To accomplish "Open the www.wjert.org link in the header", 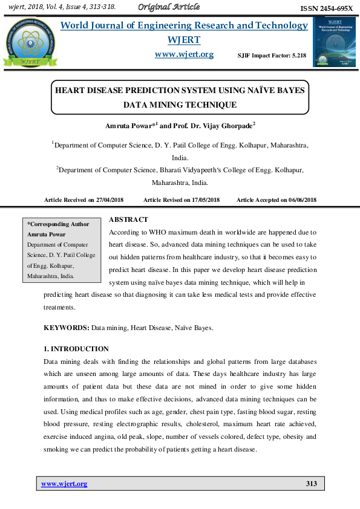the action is (x=185, y=54).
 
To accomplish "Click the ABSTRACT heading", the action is (x=128, y=219).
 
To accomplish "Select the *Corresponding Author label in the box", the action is (x=58, y=224).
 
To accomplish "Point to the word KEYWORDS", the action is (x=67, y=328).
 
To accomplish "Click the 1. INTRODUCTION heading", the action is (x=76, y=349).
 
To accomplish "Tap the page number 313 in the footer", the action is (x=311, y=484).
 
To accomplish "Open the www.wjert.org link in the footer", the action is (x=64, y=484).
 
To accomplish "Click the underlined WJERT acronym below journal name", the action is (x=183, y=40).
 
